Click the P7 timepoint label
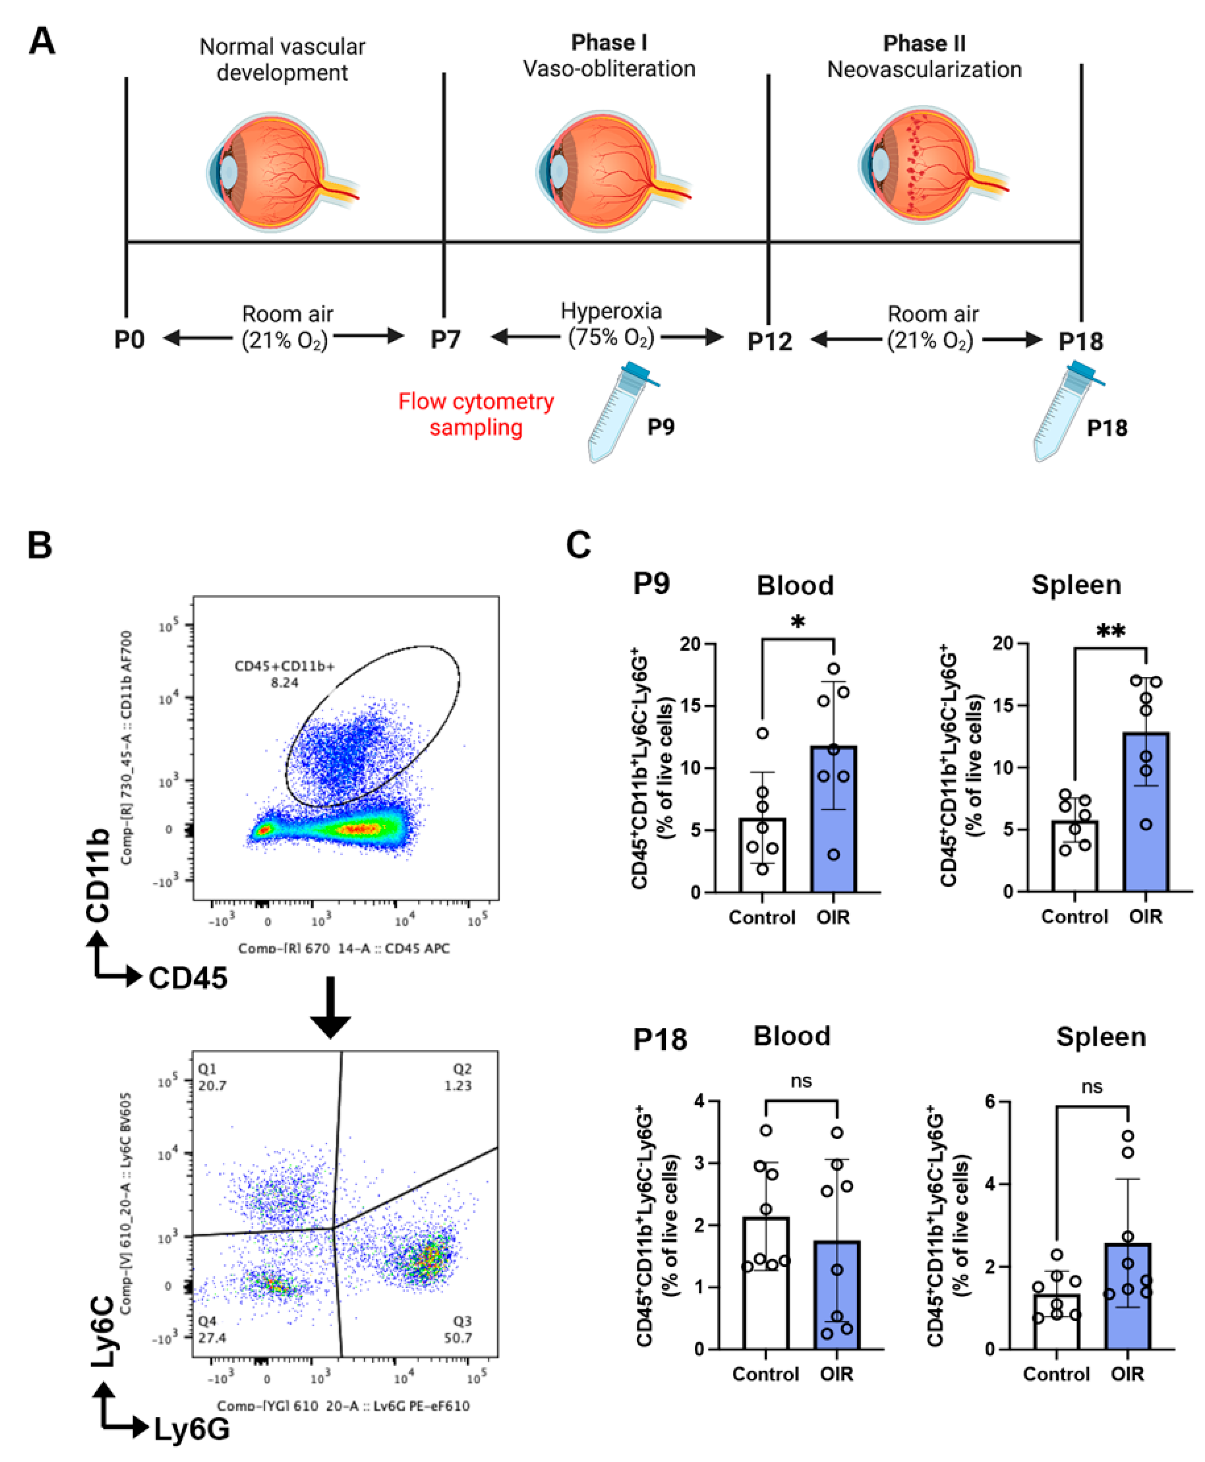pos(445,340)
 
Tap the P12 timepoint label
pos(769,342)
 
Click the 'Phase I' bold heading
pos(609,43)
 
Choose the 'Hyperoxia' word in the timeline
pos(611,311)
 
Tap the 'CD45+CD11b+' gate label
pos(284,667)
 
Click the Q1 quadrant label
pos(208,1069)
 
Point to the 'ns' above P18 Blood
pos(801,1081)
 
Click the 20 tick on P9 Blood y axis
pos(690,644)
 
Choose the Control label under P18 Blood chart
pos(766,1374)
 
